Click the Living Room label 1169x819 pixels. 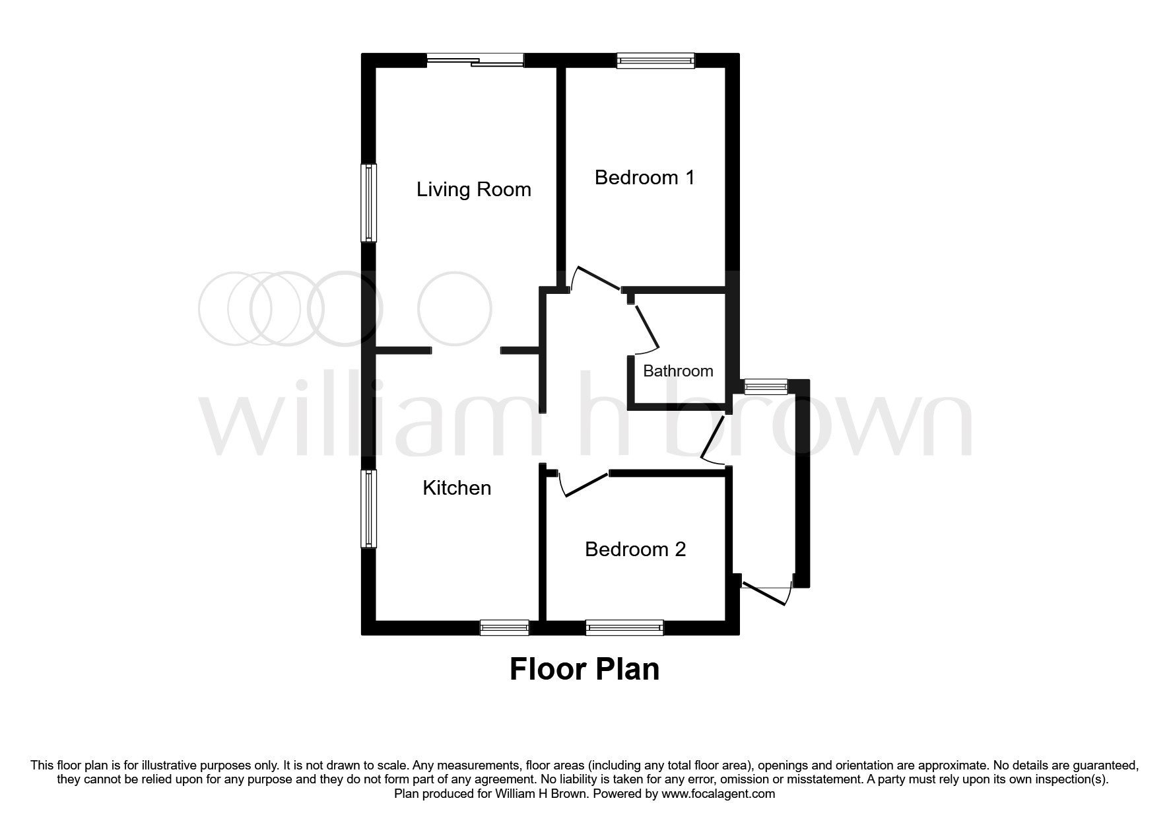point(473,190)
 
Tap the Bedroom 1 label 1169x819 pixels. point(644,177)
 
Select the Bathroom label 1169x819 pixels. point(678,371)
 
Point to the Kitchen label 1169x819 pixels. point(457,488)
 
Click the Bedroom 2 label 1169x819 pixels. point(635,550)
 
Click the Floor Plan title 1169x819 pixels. point(584,668)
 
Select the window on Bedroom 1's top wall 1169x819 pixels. point(655,61)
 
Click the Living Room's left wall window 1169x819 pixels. point(368,203)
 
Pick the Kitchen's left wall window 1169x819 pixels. point(368,509)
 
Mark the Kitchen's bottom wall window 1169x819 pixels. point(504,627)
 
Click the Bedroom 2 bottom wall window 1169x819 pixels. point(624,627)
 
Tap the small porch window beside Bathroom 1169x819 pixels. point(766,386)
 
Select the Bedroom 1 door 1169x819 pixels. point(597,278)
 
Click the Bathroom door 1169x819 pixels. point(646,327)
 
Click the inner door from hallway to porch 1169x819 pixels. point(713,439)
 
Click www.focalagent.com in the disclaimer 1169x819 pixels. point(718,794)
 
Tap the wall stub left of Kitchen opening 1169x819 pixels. point(403,349)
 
